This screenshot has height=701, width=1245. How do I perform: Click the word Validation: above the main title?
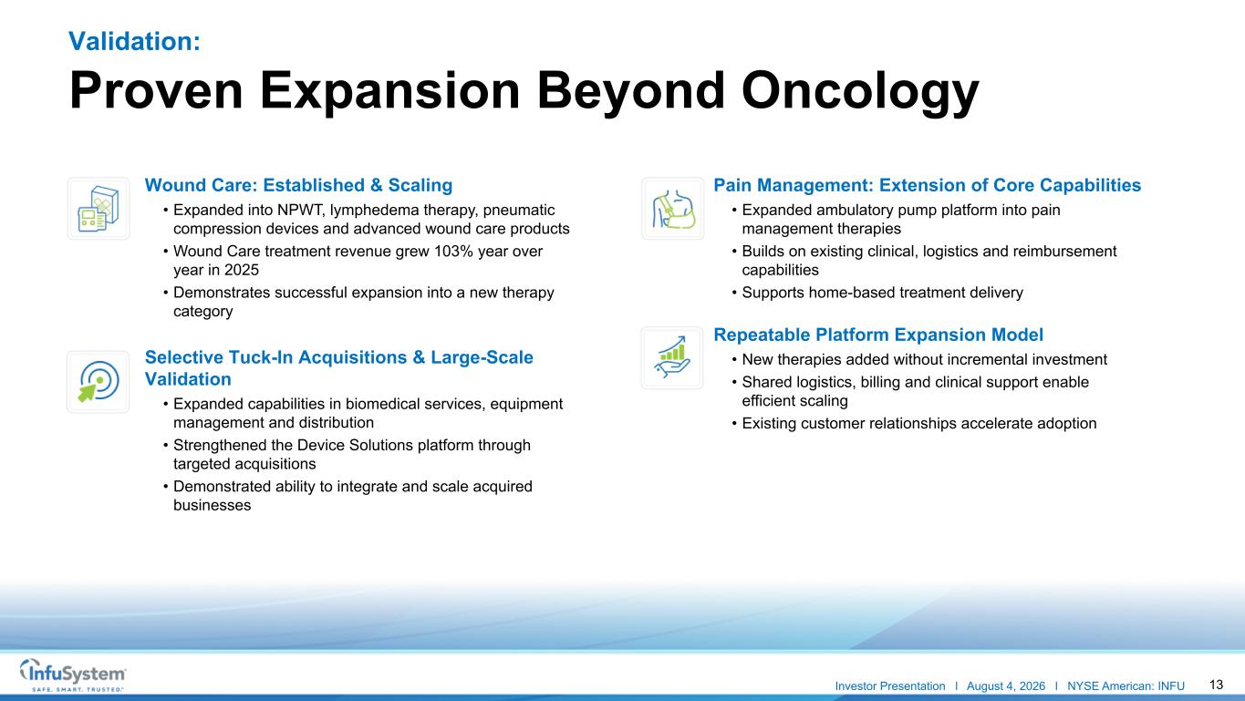pos(134,41)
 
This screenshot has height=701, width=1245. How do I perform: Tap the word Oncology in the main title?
pos(860,92)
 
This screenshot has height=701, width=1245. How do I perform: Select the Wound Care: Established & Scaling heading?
pos(298,185)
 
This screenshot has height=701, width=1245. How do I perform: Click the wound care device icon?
pos(99,209)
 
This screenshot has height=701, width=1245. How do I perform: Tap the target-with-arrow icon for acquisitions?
pos(99,382)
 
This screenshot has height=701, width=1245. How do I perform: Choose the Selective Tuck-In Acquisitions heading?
pos(339,367)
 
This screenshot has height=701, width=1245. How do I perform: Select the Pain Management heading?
pos(927,185)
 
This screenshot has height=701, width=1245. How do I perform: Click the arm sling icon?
pos(673,209)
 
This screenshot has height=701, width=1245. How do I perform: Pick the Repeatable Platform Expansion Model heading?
pos(878,335)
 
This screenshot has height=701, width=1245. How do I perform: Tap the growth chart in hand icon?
pos(672,357)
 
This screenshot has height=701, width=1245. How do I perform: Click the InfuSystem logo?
pos(73,675)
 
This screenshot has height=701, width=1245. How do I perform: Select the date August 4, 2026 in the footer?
pos(1006,686)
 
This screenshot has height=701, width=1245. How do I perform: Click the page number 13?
pos(1216,685)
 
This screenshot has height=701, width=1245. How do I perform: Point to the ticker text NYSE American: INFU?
pos(1126,686)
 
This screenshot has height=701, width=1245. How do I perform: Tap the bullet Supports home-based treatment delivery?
pos(883,293)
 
